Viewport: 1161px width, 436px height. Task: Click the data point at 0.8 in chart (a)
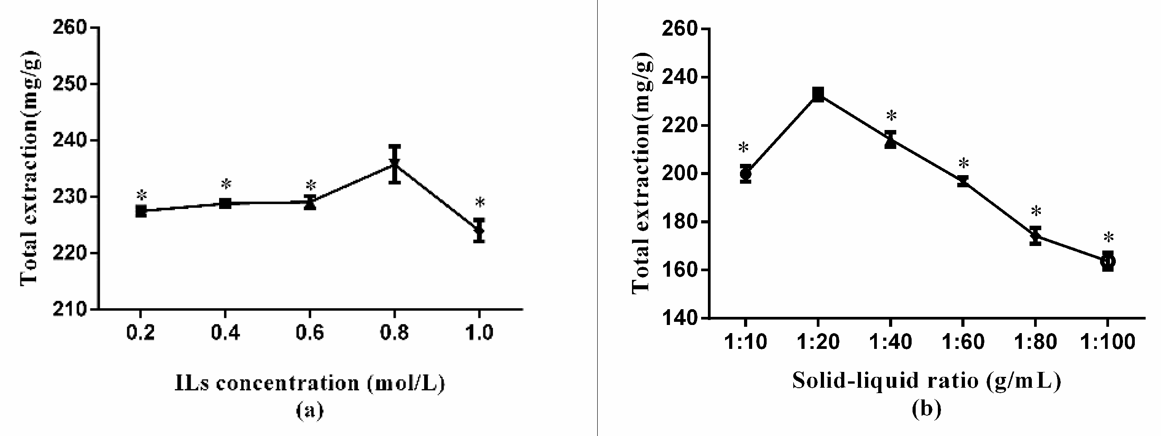395,164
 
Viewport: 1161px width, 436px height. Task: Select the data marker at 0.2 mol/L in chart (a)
141,211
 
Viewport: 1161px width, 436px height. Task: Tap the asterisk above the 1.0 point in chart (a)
480,202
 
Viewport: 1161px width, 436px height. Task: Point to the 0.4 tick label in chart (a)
225,333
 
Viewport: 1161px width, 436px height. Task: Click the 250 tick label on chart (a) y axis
69,84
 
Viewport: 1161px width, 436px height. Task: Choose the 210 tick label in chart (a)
69,310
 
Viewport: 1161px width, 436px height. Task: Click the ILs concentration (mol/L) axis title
310,383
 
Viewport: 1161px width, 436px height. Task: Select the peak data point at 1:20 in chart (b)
818,95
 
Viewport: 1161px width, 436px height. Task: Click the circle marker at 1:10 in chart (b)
746,173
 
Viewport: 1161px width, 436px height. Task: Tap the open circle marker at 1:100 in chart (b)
1107,261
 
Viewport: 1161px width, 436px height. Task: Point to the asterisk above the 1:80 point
1036,211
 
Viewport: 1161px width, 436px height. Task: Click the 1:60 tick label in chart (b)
963,342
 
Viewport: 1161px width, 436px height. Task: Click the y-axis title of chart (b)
641,174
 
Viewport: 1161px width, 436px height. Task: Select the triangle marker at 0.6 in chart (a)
310,203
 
